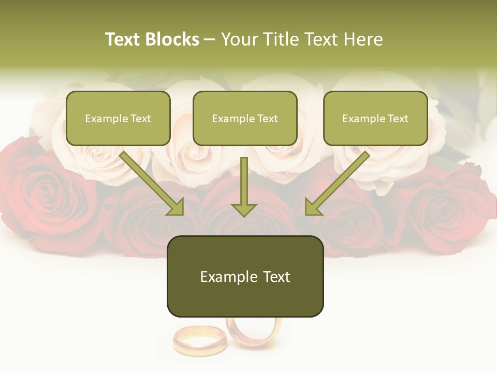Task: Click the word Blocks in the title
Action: click(x=172, y=39)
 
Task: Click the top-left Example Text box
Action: click(x=118, y=118)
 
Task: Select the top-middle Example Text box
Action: click(x=245, y=118)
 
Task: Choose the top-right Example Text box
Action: click(x=375, y=118)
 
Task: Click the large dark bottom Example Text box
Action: click(x=245, y=276)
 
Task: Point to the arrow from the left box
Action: click(x=150, y=181)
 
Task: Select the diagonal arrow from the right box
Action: click(x=339, y=181)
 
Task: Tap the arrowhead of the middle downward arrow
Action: click(x=244, y=209)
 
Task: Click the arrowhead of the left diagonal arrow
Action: click(x=176, y=207)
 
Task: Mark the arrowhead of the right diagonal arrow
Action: click(x=312, y=207)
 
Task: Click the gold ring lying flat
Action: click(x=199, y=339)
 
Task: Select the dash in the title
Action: click(x=210, y=39)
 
